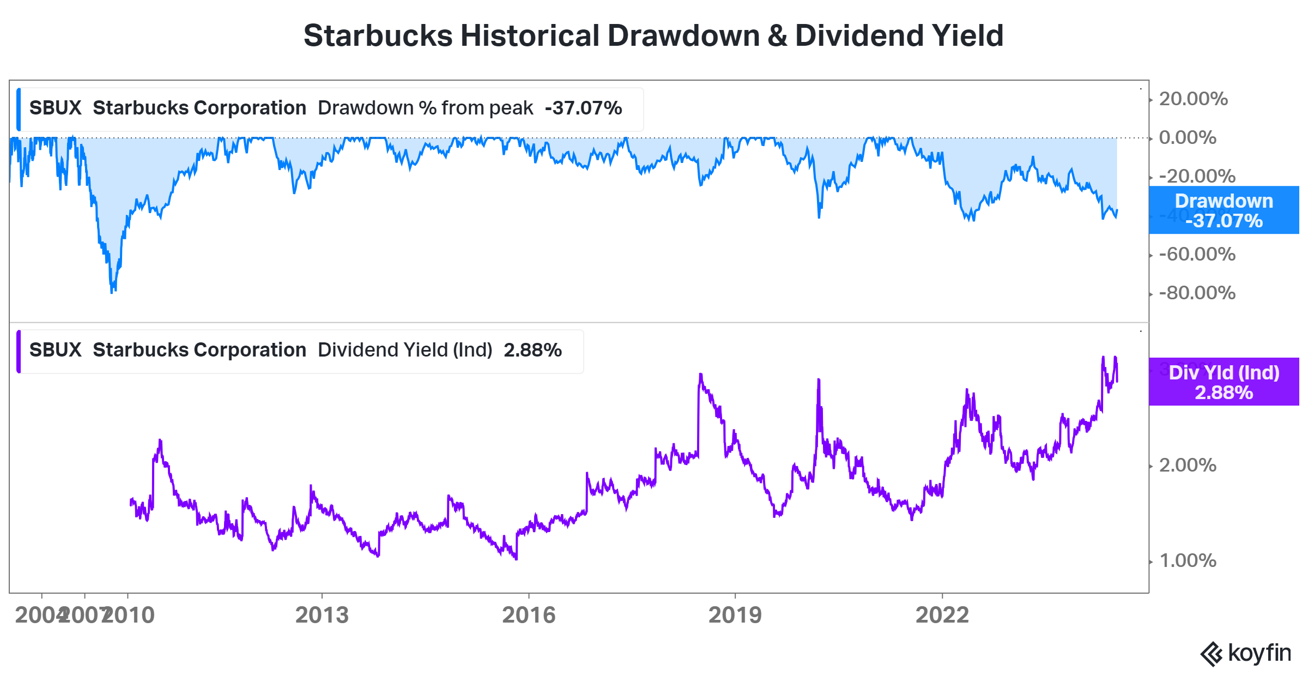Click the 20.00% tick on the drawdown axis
[1192, 99]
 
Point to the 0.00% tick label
[1187, 137]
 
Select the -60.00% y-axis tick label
[1196, 254]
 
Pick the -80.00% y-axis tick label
[1196, 293]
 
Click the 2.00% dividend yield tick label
[1187, 465]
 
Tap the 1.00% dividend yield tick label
[1187, 560]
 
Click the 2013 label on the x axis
[322, 615]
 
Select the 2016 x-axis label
[528, 615]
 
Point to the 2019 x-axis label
[735, 615]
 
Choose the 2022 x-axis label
[942, 615]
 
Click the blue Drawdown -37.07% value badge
[1224, 210]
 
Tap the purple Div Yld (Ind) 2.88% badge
[1224, 382]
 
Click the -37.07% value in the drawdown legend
[583, 108]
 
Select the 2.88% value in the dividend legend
[532, 350]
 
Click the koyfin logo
[1246, 653]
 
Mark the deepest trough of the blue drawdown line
[112, 292]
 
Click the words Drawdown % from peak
[425, 108]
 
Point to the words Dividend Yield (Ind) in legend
[405, 350]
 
